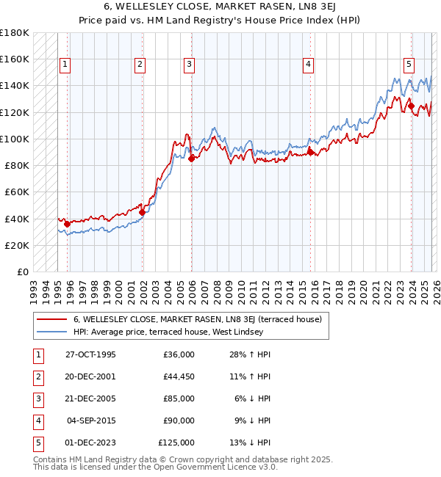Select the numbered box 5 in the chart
coord(408,64)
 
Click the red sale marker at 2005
coord(191,158)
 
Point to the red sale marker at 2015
coord(310,151)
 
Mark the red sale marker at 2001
coord(143,212)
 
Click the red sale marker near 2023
coord(411,106)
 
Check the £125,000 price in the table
coord(176,443)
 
